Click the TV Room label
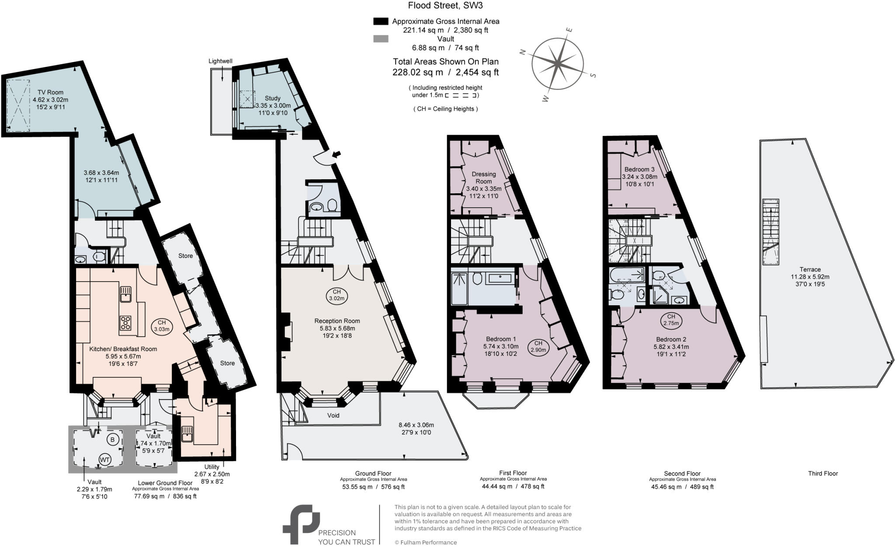pos(50,92)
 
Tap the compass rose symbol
pos(558,64)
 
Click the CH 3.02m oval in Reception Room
pos(336,295)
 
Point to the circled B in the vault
pos(112,439)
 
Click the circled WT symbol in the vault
pos(104,460)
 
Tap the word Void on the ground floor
pos(333,415)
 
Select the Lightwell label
pos(220,61)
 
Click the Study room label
pos(272,98)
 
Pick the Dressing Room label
pos(484,178)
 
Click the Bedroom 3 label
pos(639,169)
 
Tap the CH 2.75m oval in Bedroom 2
pos(671,320)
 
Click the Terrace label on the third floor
pos(810,269)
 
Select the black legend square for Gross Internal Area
pos(381,21)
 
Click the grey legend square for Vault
pos(381,39)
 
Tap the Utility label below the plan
pos(212,467)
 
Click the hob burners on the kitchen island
pos(125,323)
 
